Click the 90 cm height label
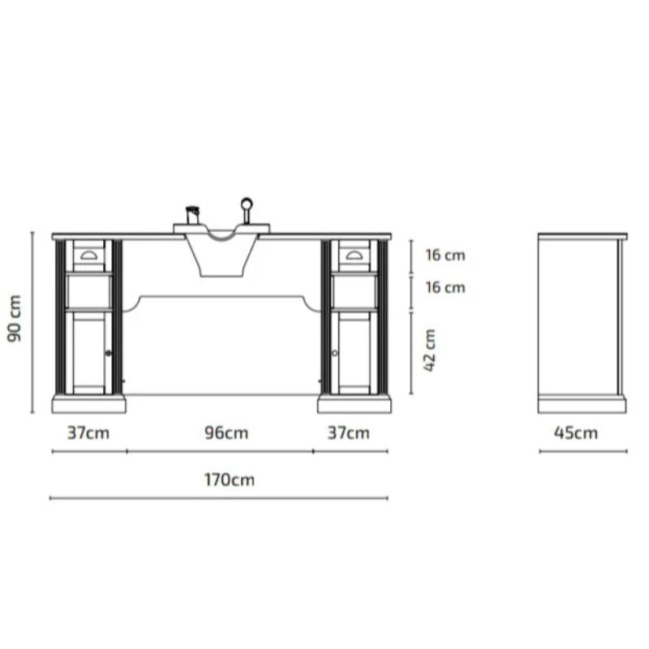tap(15, 319)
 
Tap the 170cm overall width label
tap(229, 479)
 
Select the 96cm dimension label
tap(226, 433)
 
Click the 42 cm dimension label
tap(431, 350)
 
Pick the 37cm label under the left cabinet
tap(88, 433)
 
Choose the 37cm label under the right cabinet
tap(348, 433)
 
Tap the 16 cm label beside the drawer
tap(445, 256)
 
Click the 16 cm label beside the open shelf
tap(445, 287)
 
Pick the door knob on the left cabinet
tap(108, 354)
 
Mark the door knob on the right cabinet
tap(334, 354)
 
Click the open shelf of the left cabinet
tap(88, 292)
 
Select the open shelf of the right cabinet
tap(354, 292)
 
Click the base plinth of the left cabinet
tap(88, 403)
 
